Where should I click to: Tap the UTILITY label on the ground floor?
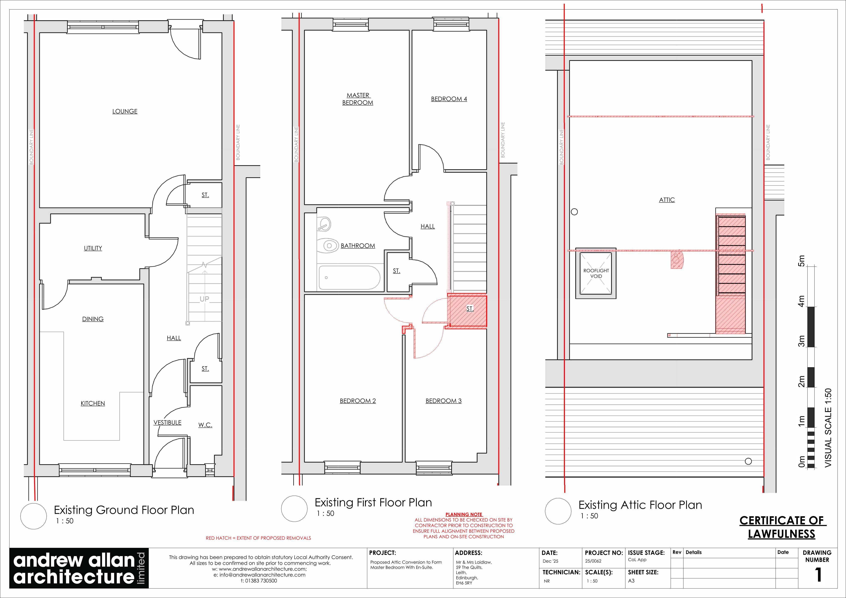click(x=93, y=248)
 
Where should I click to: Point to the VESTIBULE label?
click(x=167, y=422)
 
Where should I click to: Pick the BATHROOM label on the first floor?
click(x=358, y=246)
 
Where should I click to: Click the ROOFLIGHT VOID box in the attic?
click(x=596, y=273)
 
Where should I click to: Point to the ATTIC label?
click(x=667, y=200)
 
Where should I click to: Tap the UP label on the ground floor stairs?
click(x=204, y=299)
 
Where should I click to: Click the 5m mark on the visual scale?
click(x=801, y=262)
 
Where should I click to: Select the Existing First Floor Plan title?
click(x=373, y=503)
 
